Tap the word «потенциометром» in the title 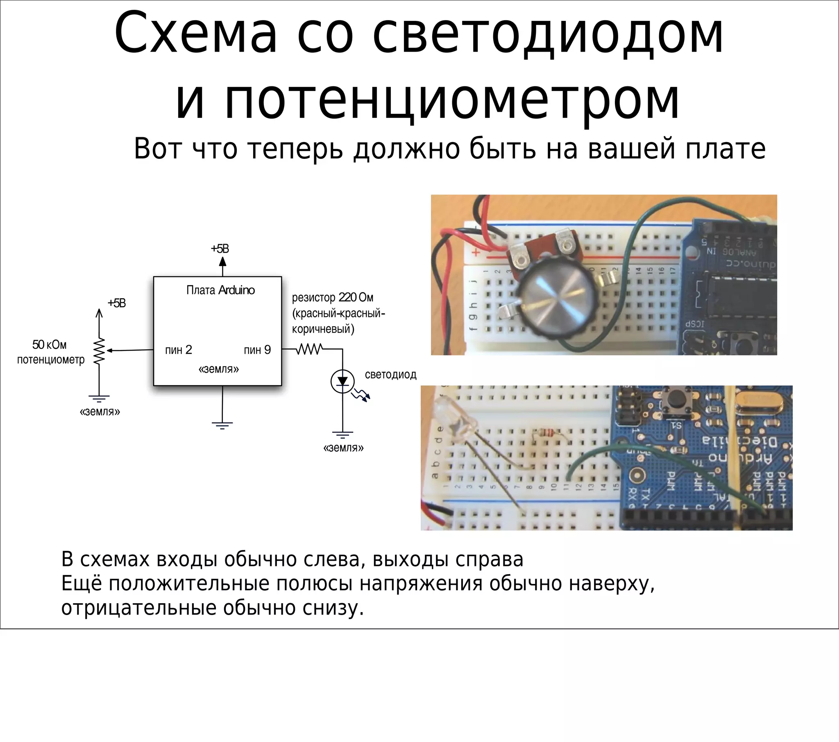[427, 101]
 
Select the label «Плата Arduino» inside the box [220, 290]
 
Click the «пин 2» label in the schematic [178, 350]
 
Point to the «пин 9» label [257, 350]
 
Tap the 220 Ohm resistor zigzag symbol [309, 349]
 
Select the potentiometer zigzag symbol [99, 351]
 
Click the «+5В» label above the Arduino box [220, 249]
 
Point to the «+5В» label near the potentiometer [117, 303]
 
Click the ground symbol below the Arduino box [222, 425]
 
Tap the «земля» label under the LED [344, 448]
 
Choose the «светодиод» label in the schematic [390, 375]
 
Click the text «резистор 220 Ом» [333, 298]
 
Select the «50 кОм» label [49, 345]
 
